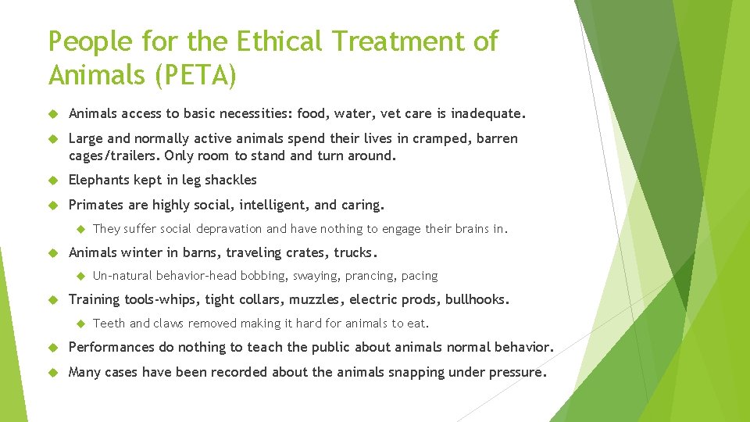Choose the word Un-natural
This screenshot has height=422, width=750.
click(123, 276)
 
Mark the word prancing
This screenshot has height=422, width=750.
click(371, 276)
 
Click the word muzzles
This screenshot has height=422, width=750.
click(318, 299)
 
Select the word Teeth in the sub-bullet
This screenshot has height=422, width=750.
click(109, 324)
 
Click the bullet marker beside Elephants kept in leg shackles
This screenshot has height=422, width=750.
click(55, 180)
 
